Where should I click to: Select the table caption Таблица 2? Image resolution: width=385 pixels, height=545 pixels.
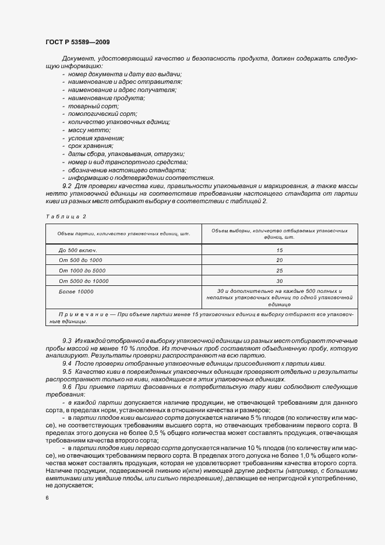pos(66,217)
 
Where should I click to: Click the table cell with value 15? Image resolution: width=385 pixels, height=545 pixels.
pos(280,249)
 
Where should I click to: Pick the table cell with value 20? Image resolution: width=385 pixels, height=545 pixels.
pos(280,260)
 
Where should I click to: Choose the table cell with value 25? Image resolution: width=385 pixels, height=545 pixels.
pos(280,270)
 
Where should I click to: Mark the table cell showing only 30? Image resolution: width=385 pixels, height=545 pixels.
pos(280,281)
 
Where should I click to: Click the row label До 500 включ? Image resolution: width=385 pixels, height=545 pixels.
pos(78,249)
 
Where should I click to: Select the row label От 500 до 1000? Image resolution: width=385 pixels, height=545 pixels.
pos(80,260)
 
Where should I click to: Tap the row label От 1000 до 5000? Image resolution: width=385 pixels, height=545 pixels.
pos(82,270)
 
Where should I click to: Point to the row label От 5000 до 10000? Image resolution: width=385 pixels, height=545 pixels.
pos(84,281)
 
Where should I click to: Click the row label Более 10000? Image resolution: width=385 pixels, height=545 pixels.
pos(76,291)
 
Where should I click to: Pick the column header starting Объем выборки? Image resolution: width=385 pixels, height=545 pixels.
pos(280,234)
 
